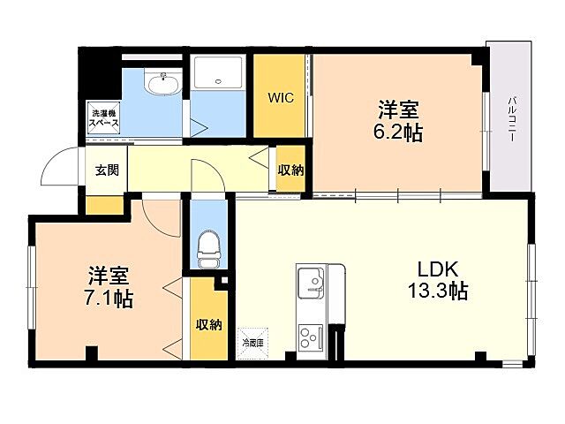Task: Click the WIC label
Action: [280, 97]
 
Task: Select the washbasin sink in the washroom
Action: [163, 86]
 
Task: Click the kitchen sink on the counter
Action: [310, 284]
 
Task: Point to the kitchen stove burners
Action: [310, 337]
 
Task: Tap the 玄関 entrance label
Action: [107, 170]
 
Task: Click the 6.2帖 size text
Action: [397, 133]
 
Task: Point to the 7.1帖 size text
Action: [109, 299]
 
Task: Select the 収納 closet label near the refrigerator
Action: [209, 323]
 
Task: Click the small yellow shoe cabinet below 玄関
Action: [104, 204]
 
